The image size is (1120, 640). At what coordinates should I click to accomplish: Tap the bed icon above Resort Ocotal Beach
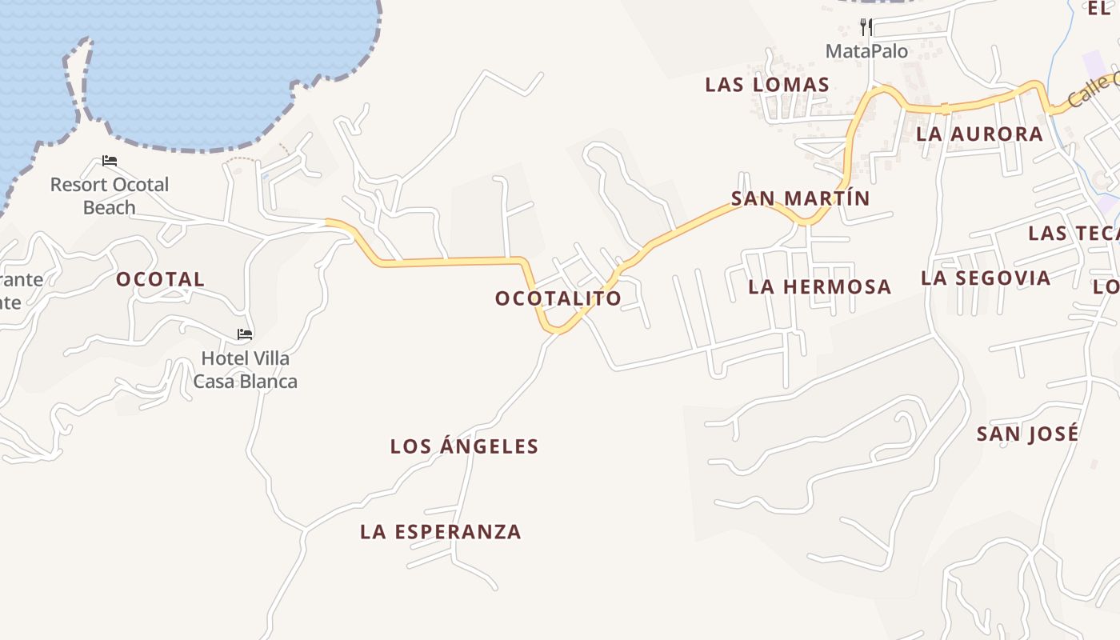(110, 161)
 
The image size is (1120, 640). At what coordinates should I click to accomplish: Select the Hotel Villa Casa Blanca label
(245, 370)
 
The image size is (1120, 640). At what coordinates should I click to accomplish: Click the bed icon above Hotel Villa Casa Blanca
(245, 334)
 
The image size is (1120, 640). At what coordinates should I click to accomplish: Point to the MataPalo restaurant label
(866, 51)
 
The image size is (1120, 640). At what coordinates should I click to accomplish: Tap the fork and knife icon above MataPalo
(866, 27)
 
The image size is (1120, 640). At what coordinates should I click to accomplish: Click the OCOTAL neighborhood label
(160, 279)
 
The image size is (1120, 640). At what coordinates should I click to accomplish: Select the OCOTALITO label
(558, 298)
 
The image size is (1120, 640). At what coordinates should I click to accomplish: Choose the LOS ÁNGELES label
(464, 446)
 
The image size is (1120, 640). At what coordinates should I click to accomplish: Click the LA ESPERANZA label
(441, 532)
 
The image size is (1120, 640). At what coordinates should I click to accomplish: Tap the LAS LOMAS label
(766, 85)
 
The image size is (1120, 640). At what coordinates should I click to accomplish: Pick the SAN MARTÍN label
(800, 198)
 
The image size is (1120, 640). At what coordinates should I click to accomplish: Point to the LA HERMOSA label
(819, 286)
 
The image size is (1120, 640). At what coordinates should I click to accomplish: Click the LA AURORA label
(979, 134)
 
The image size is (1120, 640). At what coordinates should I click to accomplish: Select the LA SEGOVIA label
(985, 278)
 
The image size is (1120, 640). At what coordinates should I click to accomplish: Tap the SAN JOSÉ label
(1027, 434)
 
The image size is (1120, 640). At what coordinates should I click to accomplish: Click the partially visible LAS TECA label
(1073, 233)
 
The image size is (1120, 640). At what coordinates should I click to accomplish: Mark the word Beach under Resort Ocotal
(110, 207)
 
